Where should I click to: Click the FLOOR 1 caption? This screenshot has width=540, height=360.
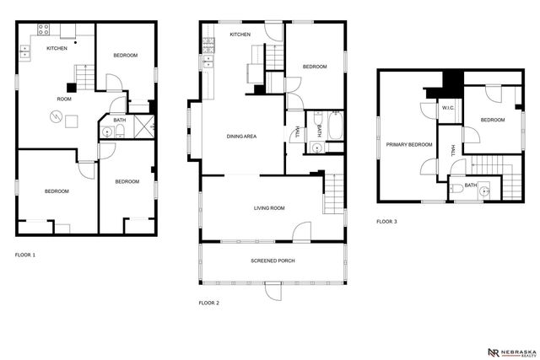click(25, 254)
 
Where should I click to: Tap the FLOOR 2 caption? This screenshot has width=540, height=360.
click(209, 302)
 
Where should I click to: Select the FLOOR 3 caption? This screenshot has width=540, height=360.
click(387, 222)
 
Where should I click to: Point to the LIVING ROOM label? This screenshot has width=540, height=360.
click(270, 207)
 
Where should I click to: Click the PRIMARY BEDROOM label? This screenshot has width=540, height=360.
click(409, 144)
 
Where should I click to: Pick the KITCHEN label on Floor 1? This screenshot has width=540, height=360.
click(57, 49)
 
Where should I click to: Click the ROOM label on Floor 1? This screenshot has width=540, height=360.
click(65, 98)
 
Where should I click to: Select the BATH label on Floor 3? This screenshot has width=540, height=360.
click(471, 185)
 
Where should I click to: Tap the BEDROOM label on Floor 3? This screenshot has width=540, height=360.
click(493, 120)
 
